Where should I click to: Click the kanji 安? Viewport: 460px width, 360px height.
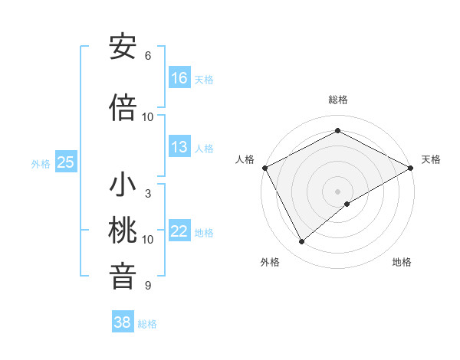(123, 48)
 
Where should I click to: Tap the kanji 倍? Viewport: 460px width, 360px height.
(123, 108)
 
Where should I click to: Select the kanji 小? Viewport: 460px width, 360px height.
(123, 186)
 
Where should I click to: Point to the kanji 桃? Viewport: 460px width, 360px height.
(123, 231)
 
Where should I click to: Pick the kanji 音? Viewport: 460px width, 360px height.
(123, 276)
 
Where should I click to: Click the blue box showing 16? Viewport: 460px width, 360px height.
(179, 78)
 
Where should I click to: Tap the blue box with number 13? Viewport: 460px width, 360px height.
(179, 147)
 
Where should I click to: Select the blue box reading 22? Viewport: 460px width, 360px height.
(179, 231)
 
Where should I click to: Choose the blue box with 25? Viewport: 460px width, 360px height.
(66, 162)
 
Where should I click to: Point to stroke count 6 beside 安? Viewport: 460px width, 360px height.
(147, 56)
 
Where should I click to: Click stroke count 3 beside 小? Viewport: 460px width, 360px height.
(147, 194)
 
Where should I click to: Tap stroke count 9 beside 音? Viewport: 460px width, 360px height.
(147, 286)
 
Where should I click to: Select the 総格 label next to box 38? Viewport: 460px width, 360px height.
(147, 324)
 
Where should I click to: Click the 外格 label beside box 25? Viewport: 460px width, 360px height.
(41, 163)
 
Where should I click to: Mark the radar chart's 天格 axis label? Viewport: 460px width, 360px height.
(431, 159)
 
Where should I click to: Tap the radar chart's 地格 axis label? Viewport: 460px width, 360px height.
(402, 262)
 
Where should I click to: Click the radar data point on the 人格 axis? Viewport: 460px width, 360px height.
(264, 167)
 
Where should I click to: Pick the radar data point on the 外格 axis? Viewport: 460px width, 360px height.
(302, 242)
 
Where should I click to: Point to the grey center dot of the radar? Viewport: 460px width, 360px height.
(337, 191)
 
